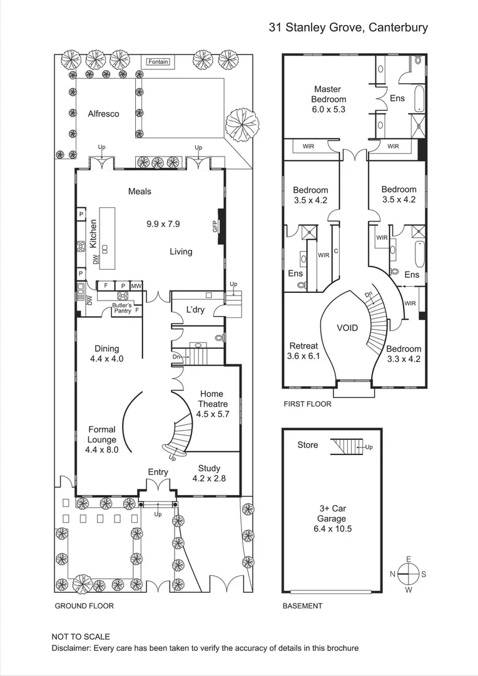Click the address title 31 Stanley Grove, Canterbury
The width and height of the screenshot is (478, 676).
click(348, 27)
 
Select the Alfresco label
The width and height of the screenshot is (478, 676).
click(103, 114)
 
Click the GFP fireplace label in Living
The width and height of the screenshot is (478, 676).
click(215, 227)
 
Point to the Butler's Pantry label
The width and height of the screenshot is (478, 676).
click(122, 308)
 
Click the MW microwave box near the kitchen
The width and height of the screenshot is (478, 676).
click(136, 285)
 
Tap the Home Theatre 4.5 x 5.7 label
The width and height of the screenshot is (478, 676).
click(211, 404)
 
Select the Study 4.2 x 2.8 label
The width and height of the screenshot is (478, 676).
click(209, 473)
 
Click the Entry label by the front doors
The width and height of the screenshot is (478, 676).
click(158, 471)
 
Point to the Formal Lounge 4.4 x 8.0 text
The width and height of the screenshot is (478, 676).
click(101, 439)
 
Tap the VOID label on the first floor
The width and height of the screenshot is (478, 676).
click(348, 327)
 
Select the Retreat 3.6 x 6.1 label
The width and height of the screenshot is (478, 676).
click(303, 351)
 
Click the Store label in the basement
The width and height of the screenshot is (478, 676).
click(307, 445)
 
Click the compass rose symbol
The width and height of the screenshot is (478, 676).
click(408, 573)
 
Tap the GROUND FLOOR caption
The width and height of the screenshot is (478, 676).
click(84, 606)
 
